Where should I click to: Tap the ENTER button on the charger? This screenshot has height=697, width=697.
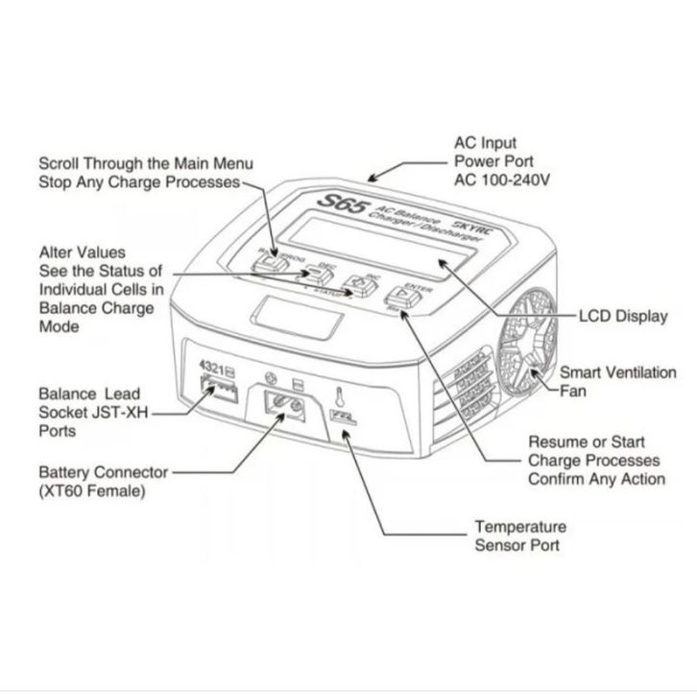pyautogui.click(x=407, y=299)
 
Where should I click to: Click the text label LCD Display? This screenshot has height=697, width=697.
pyautogui.click(x=624, y=316)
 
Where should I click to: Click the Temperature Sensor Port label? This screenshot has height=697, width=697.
pyautogui.click(x=520, y=536)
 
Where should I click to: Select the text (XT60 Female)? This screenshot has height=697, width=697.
pyautogui.click(x=92, y=492)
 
